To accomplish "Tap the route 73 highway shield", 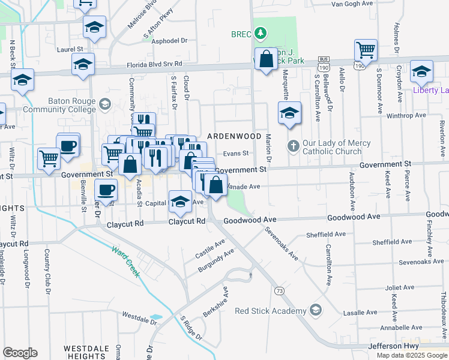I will pyautogui.click(x=279, y=290).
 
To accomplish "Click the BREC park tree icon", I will pyautogui.click(x=261, y=34).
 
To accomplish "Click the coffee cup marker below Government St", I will pyautogui.click(x=107, y=190).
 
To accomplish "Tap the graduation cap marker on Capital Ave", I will pyautogui.click(x=180, y=201).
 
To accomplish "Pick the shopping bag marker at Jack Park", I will pyautogui.click(x=265, y=59).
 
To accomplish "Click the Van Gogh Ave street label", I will pyautogui.click(x=352, y=4).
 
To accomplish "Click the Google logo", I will pyautogui.click(x=20, y=353).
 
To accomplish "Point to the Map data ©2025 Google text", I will pyautogui.click(x=411, y=355).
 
